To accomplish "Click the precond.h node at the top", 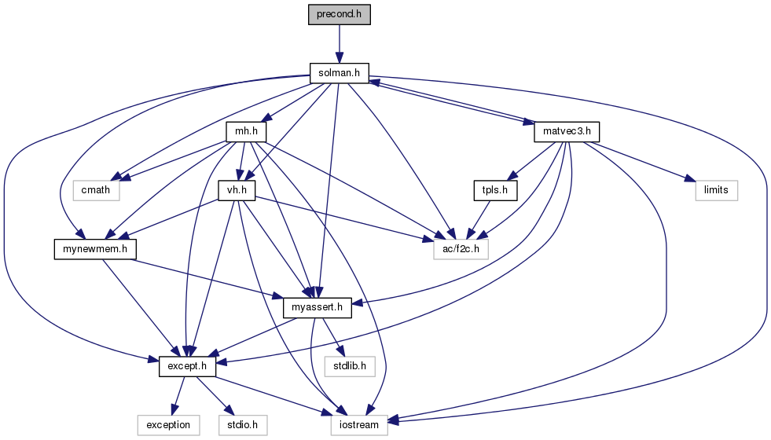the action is click(340, 15).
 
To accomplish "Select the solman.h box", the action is click(340, 73).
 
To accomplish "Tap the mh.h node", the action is click(246, 132).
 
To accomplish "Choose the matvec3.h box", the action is click(567, 132).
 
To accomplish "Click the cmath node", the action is click(96, 190).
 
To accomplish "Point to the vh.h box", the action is click(237, 190).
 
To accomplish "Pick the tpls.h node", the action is click(496, 190).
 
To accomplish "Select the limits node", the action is click(717, 190).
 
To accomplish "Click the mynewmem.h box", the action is click(95, 249).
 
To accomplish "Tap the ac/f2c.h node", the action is click(461, 249).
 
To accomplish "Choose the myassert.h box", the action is click(318, 308).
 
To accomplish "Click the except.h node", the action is click(187, 366).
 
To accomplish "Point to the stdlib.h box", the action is click(350, 366).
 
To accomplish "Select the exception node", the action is click(168, 425).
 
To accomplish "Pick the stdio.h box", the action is click(243, 425).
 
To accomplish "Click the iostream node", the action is click(359, 425).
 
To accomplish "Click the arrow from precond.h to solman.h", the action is click(340, 44).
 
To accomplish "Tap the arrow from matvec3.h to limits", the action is click(639, 162).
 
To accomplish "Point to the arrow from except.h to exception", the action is click(178, 396).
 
